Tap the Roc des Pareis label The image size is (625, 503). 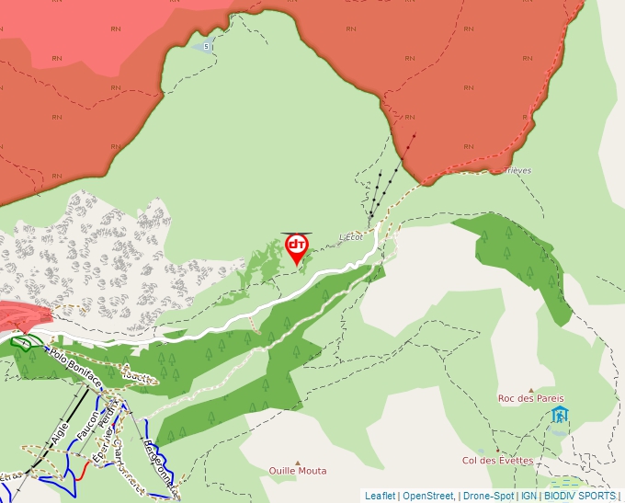pos(531,398)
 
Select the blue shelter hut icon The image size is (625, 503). pos(559,415)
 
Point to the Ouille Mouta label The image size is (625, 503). pos(297,471)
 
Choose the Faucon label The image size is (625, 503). pos(89,424)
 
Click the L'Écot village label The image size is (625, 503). pos(352,236)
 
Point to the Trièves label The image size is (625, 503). pos(517,170)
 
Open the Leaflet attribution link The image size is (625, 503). pos(380,496)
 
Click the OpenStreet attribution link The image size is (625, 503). pos(427,496)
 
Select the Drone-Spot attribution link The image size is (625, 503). pos(488,496)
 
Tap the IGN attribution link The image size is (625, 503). pos(528,496)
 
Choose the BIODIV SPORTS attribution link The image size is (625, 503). pos(579,496)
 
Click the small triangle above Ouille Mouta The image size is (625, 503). pos(297,463)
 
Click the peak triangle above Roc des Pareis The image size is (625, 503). pos(530,390)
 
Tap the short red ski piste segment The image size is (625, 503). pos(83,471)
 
